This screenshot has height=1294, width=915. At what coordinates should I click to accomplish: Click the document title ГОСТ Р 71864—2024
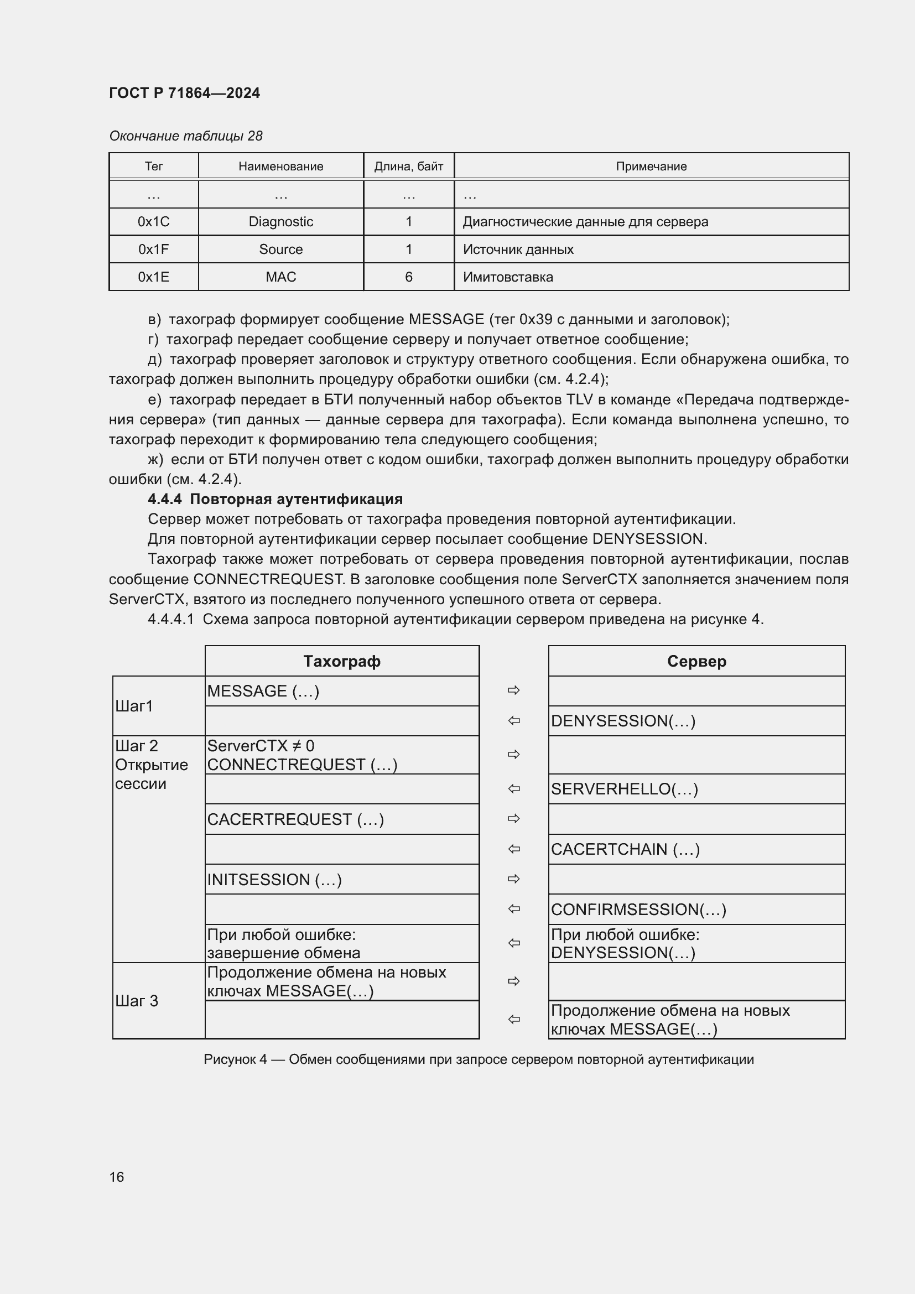pos(184,93)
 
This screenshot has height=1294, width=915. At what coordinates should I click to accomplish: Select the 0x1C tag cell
pos(153,221)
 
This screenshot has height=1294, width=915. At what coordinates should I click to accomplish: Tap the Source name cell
pos(280,249)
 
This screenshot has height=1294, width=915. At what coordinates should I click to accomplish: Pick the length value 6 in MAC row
pos(408,277)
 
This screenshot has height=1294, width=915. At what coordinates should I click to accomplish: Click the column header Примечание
pos(651,167)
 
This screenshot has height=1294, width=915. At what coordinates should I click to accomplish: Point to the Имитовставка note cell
pos(508,277)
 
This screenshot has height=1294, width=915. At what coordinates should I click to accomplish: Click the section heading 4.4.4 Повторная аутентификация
pos(275,499)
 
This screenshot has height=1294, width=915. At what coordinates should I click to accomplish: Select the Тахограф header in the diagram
pos(341,661)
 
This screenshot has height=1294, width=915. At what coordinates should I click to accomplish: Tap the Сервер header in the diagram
pos(696,661)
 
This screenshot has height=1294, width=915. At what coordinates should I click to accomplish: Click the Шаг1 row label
pos(134,705)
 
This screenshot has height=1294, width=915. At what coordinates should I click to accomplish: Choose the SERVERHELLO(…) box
pos(624,788)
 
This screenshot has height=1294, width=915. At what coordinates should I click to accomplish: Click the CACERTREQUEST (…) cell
pos(295,819)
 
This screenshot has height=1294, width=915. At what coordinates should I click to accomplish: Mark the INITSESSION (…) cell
pos(274,879)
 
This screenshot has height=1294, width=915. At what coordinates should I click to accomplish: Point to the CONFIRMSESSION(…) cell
pos(638,909)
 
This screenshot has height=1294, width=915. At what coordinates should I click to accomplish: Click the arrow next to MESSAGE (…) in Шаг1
pos(513,690)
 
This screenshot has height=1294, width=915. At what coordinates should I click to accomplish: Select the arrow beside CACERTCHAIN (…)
pos(513,849)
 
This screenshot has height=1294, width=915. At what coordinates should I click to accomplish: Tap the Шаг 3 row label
pos(136,1001)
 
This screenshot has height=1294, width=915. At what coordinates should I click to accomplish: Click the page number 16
pos(117,1177)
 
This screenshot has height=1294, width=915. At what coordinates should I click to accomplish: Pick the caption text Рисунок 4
pos(235,1059)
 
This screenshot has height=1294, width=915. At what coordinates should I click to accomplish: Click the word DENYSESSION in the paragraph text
pos(647,539)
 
